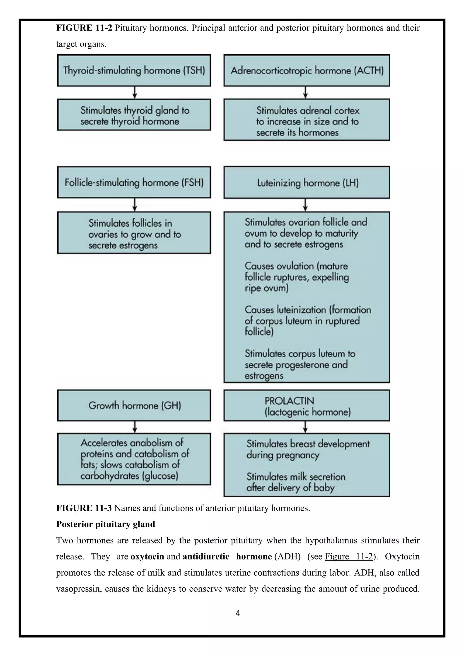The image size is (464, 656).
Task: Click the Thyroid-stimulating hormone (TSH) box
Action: pyautogui.click(x=134, y=70)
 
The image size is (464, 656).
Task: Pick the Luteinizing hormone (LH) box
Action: pyautogui.click(x=307, y=183)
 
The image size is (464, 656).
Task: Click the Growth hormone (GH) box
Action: pyautogui.click(x=134, y=405)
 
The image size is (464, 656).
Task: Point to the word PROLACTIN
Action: pyautogui.click(x=289, y=401)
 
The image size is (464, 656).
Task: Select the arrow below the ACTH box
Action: pyautogui.click(x=306, y=93)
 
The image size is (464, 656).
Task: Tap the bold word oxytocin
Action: pyautogui.click(x=147, y=556)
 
